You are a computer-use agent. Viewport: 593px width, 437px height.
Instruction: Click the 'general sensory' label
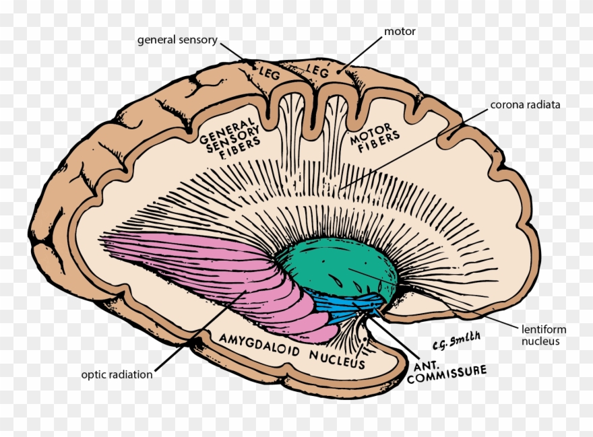pyautogui.click(x=177, y=40)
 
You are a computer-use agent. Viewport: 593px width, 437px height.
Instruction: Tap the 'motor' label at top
pyautogui.click(x=400, y=32)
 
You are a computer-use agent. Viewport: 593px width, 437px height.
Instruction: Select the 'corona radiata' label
pyautogui.click(x=525, y=104)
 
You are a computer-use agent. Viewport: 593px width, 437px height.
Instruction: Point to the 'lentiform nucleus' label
pyautogui.click(x=543, y=335)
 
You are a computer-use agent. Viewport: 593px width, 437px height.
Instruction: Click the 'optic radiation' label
pyautogui.click(x=117, y=374)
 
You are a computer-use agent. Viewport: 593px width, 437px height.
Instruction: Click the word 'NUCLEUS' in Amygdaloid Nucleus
pyautogui.click(x=337, y=359)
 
